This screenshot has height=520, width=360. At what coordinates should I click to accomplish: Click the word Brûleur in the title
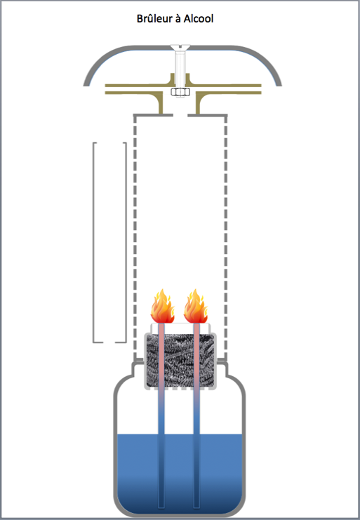154,18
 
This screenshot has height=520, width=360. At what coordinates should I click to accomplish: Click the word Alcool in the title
199,18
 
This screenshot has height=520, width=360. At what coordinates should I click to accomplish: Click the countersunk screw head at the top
180,48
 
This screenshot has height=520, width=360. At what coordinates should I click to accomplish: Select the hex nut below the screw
180,92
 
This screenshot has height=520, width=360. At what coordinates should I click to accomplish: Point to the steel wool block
180,361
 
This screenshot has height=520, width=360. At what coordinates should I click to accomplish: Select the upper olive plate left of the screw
139,85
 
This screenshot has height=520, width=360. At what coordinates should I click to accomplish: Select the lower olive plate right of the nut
229,93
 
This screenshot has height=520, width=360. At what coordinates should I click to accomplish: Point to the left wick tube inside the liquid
161,471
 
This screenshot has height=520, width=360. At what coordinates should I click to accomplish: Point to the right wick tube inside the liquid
196,471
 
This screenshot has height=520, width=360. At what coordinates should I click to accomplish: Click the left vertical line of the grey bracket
93,242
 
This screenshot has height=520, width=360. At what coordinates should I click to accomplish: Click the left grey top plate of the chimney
153,115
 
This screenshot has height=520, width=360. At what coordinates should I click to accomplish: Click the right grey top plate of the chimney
208,115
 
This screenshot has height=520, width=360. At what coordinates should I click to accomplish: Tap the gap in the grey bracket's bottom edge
109,342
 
